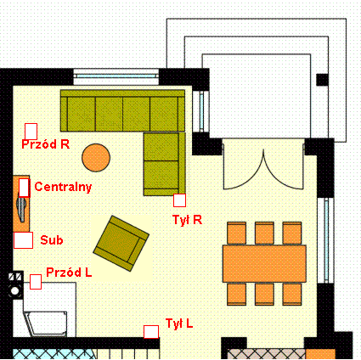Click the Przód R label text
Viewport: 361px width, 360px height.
click(x=46, y=144)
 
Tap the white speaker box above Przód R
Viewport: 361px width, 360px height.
click(x=31, y=132)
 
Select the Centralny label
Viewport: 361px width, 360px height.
click(x=63, y=187)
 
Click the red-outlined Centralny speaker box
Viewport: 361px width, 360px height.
click(x=24, y=188)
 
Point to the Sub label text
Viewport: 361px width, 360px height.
click(x=52, y=240)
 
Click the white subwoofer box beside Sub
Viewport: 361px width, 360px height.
click(x=23, y=240)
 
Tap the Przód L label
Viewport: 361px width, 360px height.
click(x=69, y=273)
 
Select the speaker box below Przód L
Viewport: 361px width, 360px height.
click(x=36, y=282)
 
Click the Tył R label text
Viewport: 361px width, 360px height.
click(x=188, y=220)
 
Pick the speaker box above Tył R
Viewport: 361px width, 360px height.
click(x=179, y=200)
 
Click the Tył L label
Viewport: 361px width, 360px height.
click(x=179, y=323)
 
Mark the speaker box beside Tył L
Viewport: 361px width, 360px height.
click(x=151, y=332)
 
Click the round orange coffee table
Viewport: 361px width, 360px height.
click(x=96, y=158)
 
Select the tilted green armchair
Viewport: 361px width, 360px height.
click(x=121, y=244)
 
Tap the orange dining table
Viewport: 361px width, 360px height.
click(x=264, y=264)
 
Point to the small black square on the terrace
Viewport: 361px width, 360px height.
click(x=322, y=80)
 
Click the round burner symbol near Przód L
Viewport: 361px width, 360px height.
click(x=14, y=290)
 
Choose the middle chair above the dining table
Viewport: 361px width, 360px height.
click(x=264, y=233)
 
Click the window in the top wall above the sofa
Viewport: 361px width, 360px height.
click(x=116, y=76)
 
